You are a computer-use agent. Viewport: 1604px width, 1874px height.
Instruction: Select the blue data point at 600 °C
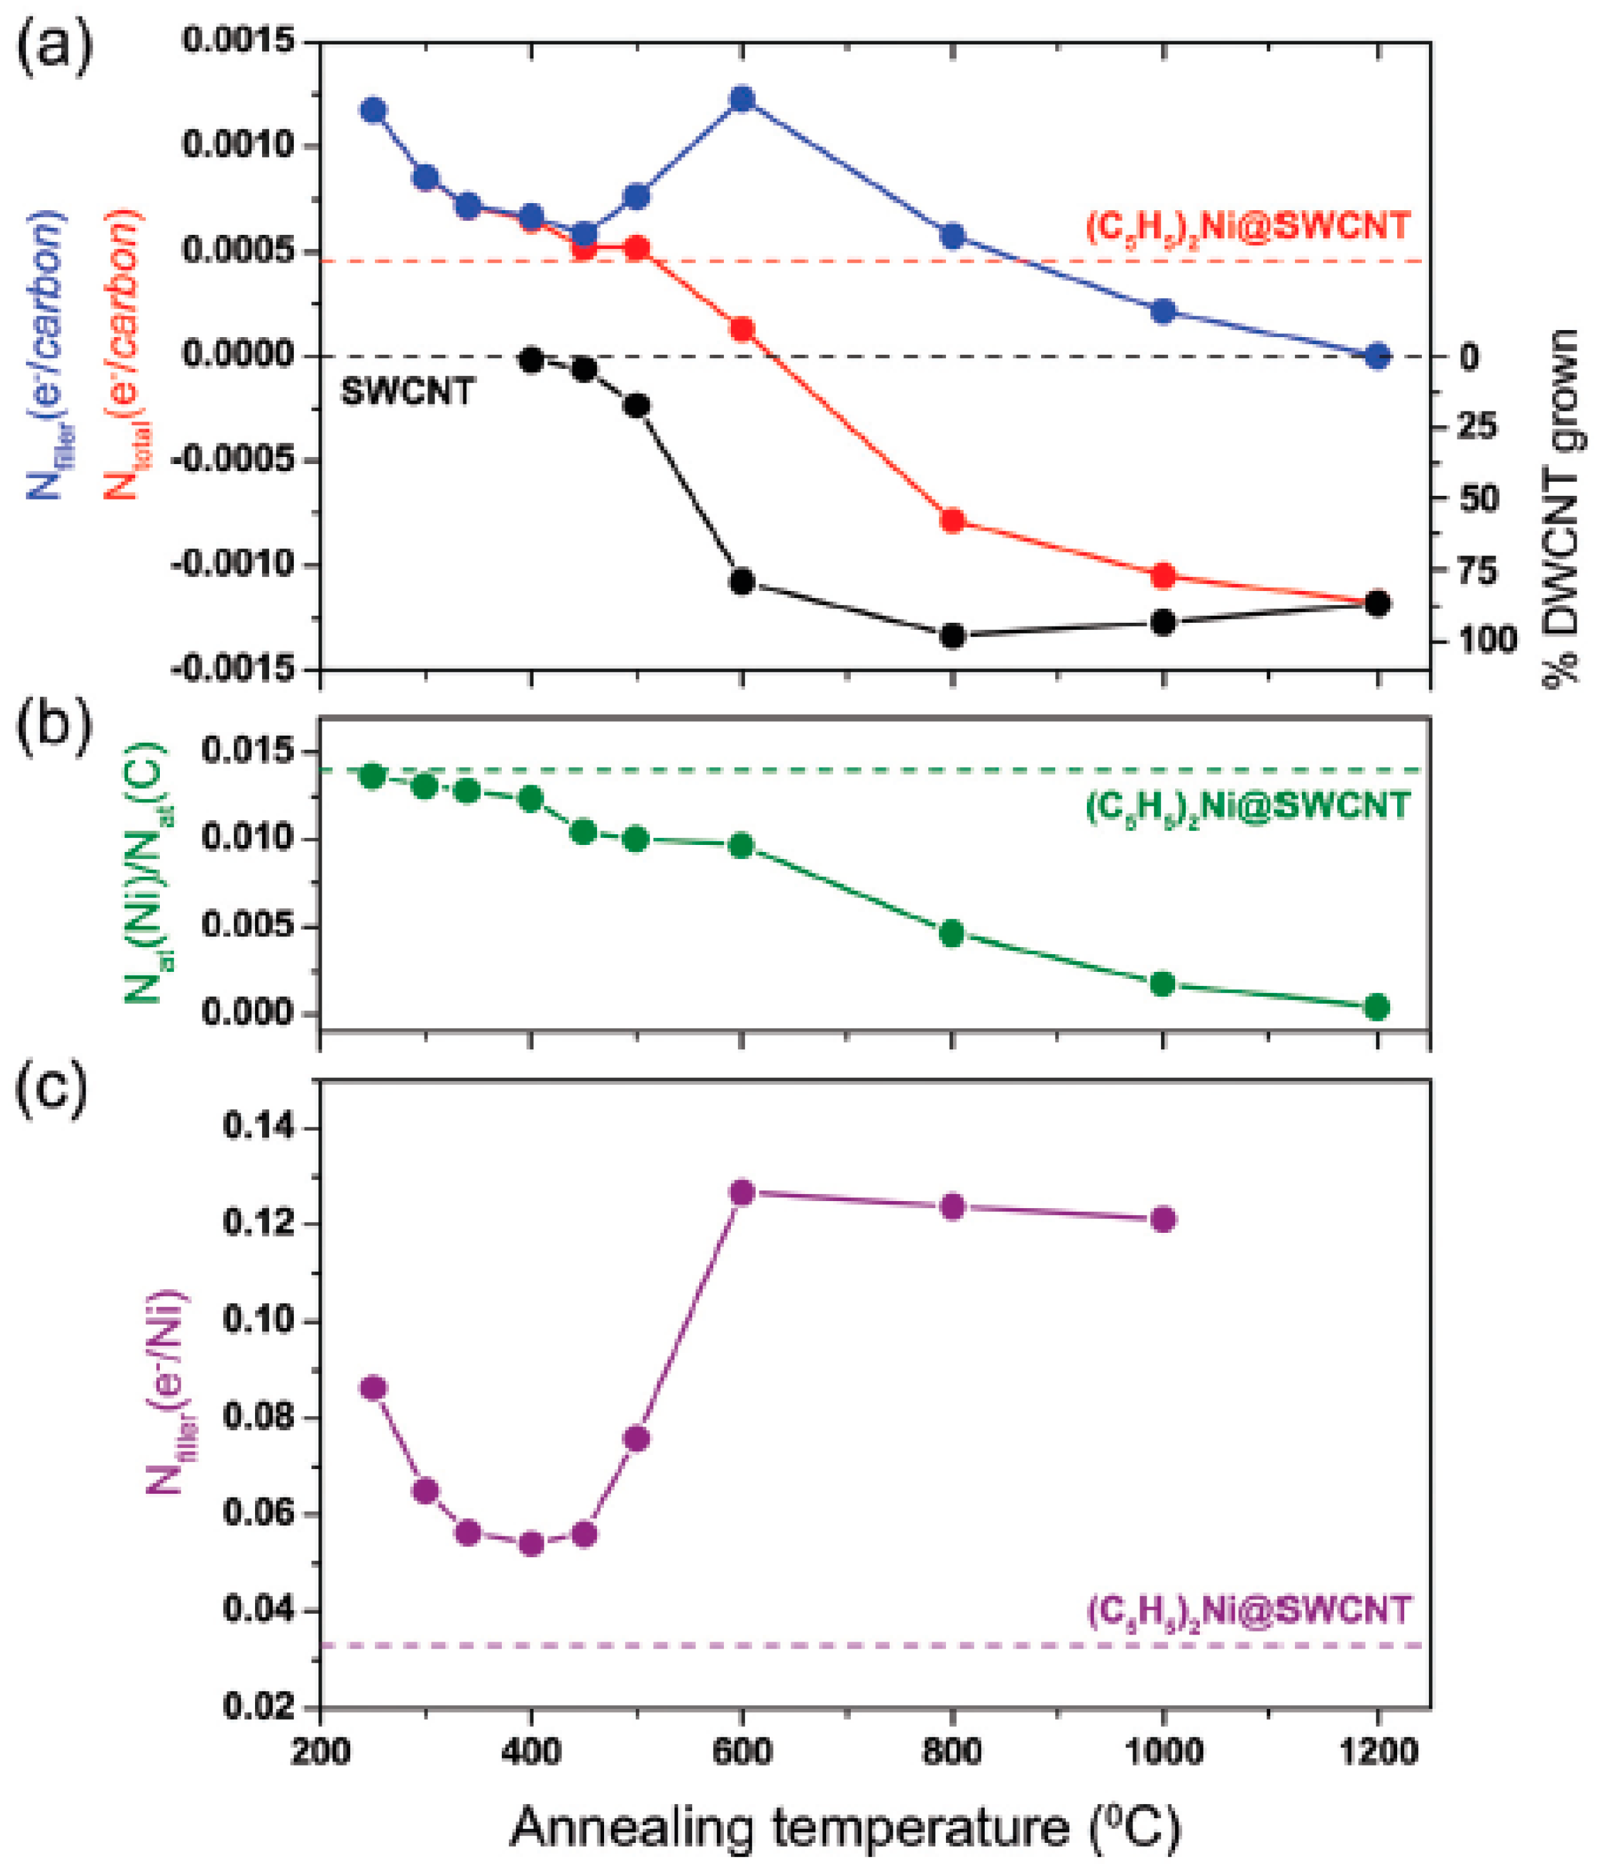(742, 98)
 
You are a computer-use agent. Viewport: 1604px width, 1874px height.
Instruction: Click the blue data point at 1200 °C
(1377, 356)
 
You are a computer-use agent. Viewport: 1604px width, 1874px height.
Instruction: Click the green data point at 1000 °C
(1163, 983)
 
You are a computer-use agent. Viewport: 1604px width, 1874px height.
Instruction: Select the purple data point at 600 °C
(742, 1193)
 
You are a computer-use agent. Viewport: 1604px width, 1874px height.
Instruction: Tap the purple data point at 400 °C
(532, 1544)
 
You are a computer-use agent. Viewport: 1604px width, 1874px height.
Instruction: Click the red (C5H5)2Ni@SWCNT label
(1248, 225)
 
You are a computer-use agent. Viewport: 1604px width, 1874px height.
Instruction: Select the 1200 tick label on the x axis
(1377, 1752)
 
